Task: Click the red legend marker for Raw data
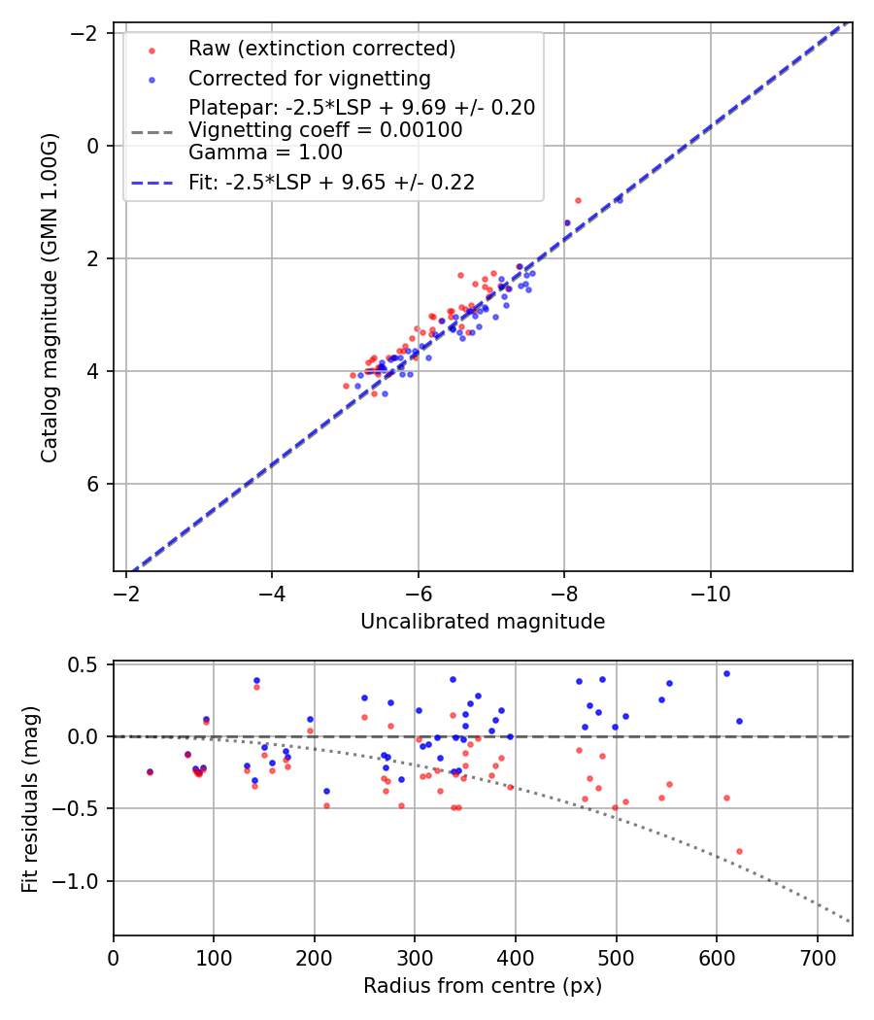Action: (150, 50)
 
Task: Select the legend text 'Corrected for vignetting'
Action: (309, 78)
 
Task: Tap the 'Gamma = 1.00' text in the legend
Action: (264, 153)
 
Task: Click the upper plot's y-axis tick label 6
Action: (92, 484)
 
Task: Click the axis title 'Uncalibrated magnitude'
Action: (483, 622)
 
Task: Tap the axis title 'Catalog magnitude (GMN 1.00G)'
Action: (50, 296)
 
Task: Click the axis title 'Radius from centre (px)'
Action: (483, 986)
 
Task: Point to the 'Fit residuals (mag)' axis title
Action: (30, 799)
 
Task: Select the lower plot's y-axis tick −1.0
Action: (83, 881)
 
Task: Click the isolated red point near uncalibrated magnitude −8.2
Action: (578, 200)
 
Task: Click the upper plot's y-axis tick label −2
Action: (86, 33)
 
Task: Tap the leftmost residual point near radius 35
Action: (150, 771)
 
